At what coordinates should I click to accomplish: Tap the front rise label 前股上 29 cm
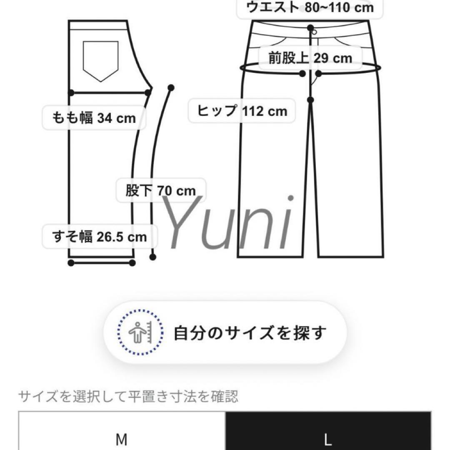pos(310,58)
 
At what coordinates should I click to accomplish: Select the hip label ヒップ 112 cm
pos(242,111)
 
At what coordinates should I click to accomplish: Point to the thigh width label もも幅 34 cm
pos(94,118)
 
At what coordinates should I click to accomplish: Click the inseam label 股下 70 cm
pos(160,191)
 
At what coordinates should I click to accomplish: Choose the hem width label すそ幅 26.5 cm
pos(100,237)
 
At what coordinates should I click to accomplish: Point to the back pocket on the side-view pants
pos(100,60)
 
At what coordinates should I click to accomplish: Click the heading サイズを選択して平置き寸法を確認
pos(128,397)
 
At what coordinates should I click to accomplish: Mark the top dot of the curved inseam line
pos(170,87)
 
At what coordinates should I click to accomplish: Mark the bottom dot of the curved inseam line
pos(153,257)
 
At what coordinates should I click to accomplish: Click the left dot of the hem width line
pos(71,262)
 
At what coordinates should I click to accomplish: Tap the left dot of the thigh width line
pos(72,92)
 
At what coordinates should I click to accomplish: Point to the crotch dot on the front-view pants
pos(311,100)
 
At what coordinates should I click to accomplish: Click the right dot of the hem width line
pos(132,262)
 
